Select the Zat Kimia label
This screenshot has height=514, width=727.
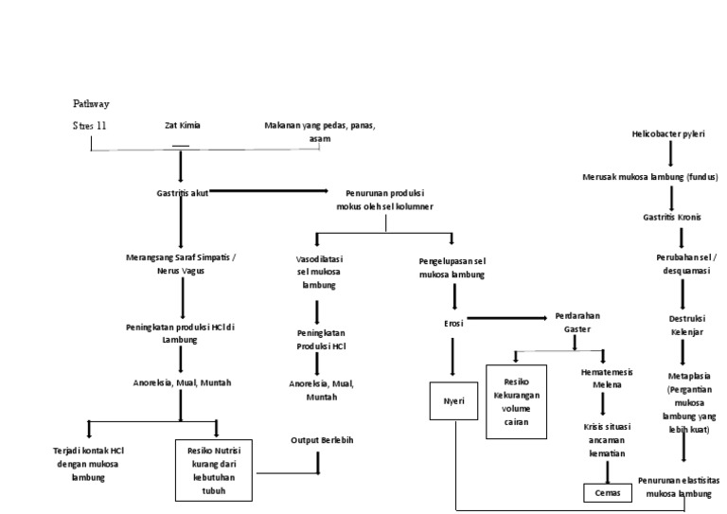[x=182, y=125]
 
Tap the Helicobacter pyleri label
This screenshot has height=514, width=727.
[x=668, y=134]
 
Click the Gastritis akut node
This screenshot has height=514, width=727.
[x=180, y=192]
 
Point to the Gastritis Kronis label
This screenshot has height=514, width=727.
[x=671, y=218]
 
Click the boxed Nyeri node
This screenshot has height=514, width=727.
[x=453, y=401]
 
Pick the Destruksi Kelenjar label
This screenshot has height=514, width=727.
[x=682, y=326]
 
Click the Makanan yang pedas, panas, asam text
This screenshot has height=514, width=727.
[x=320, y=132]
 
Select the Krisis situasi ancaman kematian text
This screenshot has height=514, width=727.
[x=606, y=441]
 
